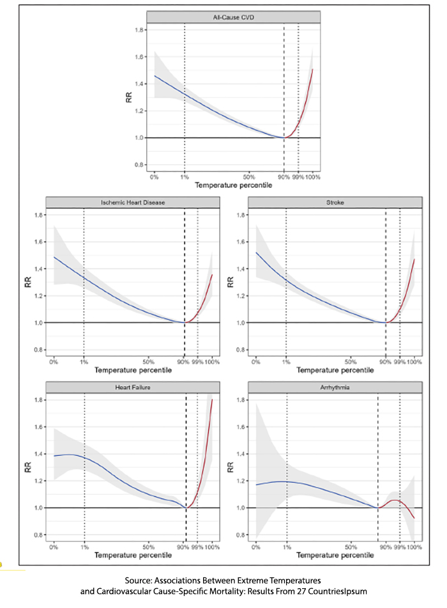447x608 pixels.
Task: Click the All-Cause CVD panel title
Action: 234,17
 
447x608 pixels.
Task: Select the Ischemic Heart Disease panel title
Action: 133,203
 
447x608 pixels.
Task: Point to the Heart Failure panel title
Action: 133,387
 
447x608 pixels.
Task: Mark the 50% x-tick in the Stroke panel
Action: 350,363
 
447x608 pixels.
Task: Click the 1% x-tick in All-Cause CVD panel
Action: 184,177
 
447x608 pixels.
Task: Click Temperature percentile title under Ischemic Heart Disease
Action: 133,371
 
